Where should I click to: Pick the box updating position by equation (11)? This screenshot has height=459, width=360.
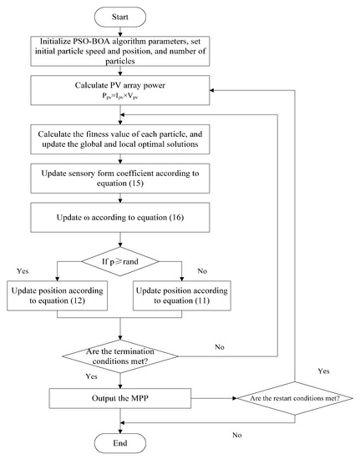tap(185, 295)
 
